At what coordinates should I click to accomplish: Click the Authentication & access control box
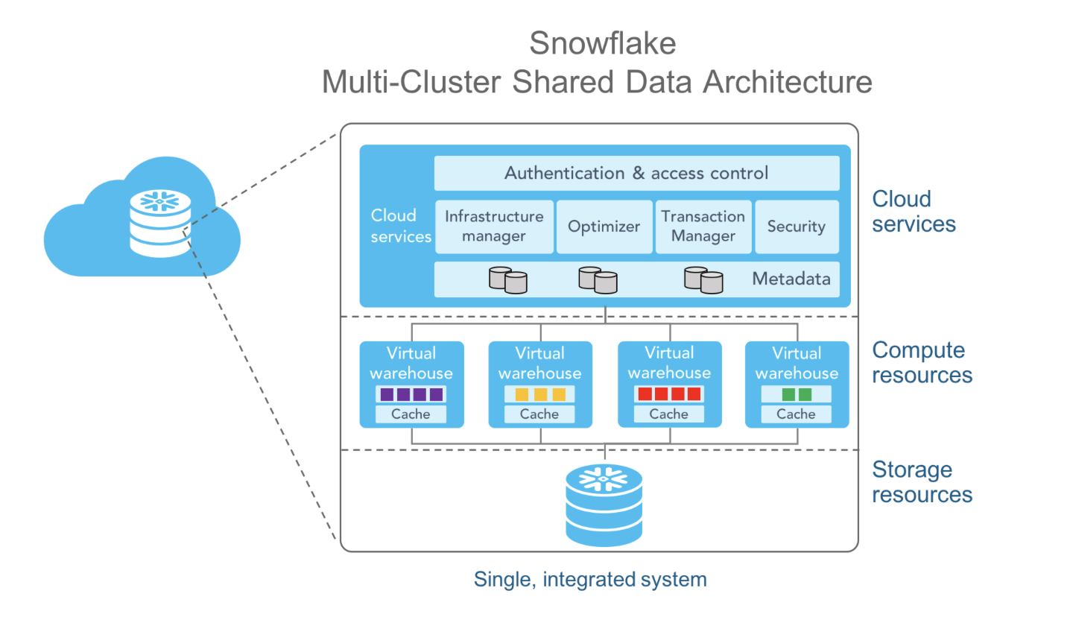[x=636, y=174]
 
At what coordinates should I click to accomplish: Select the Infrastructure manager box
[x=494, y=227]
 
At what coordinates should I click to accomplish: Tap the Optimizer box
[x=604, y=227]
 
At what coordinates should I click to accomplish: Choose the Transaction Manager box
[x=703, y=227]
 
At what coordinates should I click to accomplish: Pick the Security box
[x=796, y=227]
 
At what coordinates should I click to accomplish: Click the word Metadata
[x=791, y=279]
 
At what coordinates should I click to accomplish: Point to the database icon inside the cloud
[x=159, y=224]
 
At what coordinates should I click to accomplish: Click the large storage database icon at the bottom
[x=604, y=505]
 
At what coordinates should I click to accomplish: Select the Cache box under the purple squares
[x=411, y=414]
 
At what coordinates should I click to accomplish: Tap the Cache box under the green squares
[x=796, y=414]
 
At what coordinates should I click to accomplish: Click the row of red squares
[x=668, y=394]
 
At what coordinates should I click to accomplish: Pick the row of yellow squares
[x=539, y=394]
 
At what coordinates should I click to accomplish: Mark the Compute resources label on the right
[x=922, y=362]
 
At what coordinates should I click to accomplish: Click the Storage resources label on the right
[x=922, y=482]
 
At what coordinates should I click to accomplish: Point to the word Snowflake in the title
[x=602, y=43]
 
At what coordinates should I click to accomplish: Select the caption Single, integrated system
[x=590, y=579]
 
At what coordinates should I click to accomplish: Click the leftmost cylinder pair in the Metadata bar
[x=507, y=279]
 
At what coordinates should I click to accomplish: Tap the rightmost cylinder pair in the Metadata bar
[x=703, y=279]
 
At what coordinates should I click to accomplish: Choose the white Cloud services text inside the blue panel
[x=400, y=226]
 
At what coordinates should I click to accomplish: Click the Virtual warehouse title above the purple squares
[x=411, y=363]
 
